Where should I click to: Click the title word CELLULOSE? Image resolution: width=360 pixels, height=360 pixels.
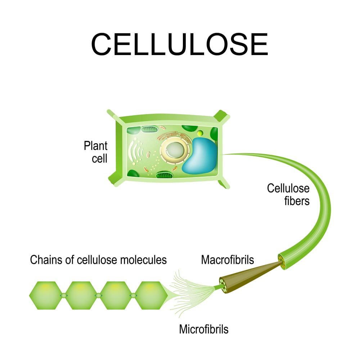(179, 45)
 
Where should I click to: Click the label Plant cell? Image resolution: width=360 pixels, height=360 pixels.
(96, 152)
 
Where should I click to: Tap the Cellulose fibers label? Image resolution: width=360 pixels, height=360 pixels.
(288, 194)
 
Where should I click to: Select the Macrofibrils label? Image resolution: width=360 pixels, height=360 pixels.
(228, 260)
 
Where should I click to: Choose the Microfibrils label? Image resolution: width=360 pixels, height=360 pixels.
(204, 329)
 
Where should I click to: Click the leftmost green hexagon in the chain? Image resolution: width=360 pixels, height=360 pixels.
(46, 296)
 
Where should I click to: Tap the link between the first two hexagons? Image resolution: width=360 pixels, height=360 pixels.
(63, 296)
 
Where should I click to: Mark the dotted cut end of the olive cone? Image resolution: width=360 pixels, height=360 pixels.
(225, 283)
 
